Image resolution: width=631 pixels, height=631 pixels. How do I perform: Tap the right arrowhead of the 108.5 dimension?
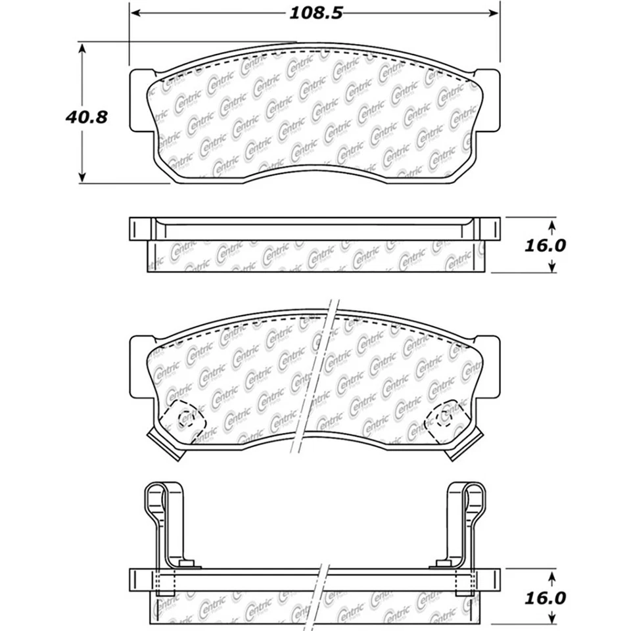[x=496, y=13]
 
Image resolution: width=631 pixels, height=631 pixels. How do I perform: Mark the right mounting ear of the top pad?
[x=490, y=99]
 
